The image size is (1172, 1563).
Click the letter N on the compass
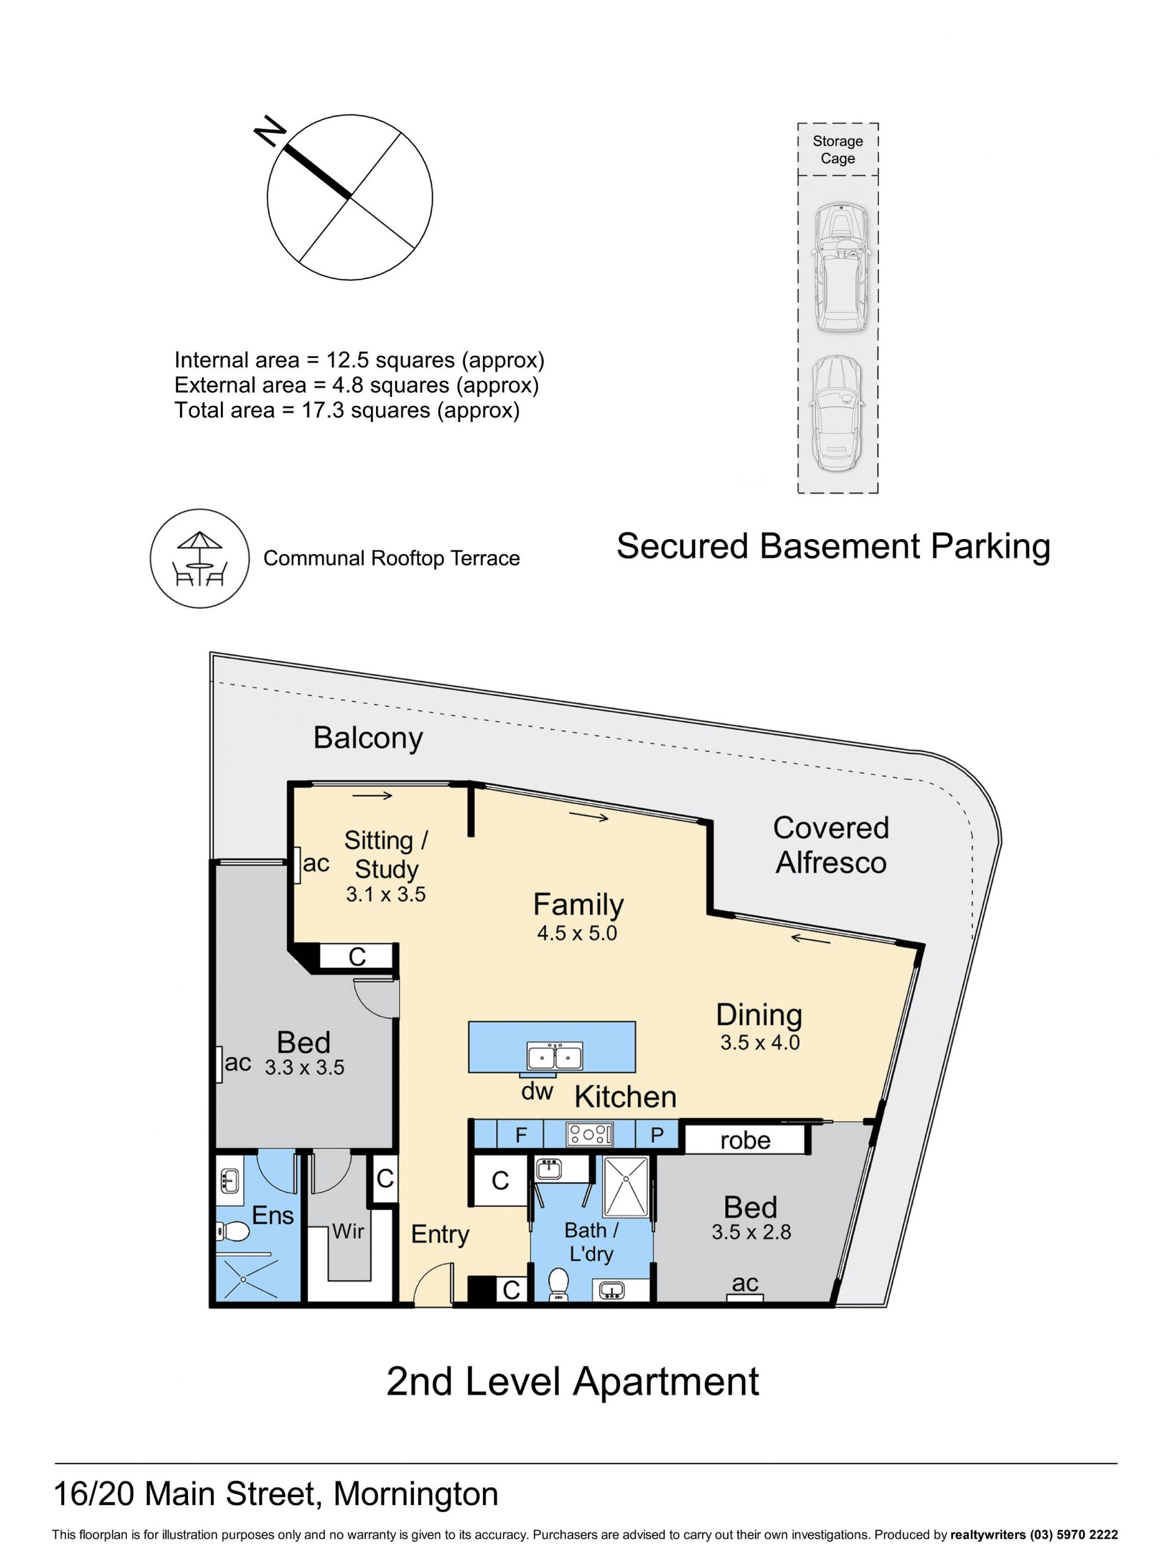[270, 131]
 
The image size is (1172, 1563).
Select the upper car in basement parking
[839, 268]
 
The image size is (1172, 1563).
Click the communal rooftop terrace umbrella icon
[200, 558]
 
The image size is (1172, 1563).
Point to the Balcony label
[368, 738]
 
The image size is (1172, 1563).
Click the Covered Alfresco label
[831, 845]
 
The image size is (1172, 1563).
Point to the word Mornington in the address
[416, 1495]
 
